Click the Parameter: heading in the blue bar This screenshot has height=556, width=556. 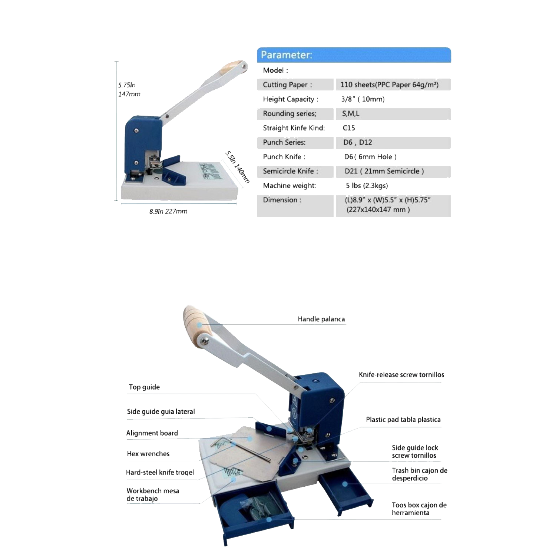[287, 55]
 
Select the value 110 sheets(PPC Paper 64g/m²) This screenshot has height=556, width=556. [390, 85]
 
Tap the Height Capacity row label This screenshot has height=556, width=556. [291, 99]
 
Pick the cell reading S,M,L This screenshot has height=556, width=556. [351, 113]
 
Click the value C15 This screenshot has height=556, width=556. [349, 128]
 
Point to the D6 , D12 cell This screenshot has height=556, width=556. [358, 142]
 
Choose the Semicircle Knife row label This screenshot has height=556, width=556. [291, 171]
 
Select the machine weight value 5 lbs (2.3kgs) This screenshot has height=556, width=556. [367, 185]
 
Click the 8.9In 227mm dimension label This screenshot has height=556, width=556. [168, 211]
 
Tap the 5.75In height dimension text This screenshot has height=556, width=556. [127, 85]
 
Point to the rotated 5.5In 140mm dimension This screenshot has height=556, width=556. [237, 167]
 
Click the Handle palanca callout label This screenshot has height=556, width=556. [321, 319]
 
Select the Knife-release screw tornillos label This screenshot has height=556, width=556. [401, 375]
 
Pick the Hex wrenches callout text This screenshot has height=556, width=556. [148, 454]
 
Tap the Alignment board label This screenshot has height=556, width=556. [152, 433]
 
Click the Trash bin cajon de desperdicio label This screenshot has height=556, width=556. [420, 474]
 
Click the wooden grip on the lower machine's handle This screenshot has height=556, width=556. [198, 326]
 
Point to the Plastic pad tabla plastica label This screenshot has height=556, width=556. [403, 420]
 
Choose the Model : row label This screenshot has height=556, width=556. [275, 70]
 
